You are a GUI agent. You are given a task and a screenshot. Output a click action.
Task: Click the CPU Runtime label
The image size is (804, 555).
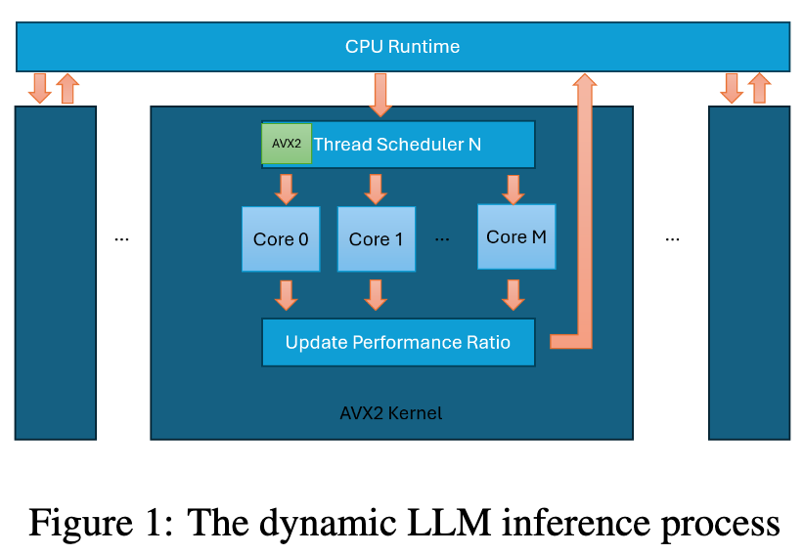pos(402,46)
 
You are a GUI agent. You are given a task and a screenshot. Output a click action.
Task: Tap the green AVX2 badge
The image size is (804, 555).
pos(287,144)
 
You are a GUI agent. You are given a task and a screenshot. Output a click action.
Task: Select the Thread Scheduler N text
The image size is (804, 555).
pos(397,145)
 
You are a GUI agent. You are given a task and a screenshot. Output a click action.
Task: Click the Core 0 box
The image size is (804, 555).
pos(281,239)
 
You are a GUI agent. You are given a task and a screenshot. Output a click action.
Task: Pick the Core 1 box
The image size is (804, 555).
pos(376,239)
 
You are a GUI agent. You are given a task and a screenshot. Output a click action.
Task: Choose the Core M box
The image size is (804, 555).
pos(515,236)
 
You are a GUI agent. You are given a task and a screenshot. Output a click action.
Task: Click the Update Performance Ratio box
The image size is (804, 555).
pos(398,342)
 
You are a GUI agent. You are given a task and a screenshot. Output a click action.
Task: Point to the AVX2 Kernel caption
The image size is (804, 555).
pos(390,413)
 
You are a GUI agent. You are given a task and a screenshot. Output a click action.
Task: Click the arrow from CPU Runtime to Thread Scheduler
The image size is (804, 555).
pos(380,94)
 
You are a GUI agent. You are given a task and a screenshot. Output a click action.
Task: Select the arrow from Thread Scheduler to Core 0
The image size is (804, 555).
pos(286,188)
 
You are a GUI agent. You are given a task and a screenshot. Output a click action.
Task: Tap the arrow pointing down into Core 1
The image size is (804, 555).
pos(375,188)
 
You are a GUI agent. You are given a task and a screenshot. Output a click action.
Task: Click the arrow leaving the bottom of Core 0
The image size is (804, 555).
pos(286,294)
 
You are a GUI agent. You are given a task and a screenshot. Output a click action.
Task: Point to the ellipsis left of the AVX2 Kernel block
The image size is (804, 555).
pos(122,238)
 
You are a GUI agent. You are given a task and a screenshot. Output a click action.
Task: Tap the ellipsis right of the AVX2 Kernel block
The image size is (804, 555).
pos(672,238)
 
